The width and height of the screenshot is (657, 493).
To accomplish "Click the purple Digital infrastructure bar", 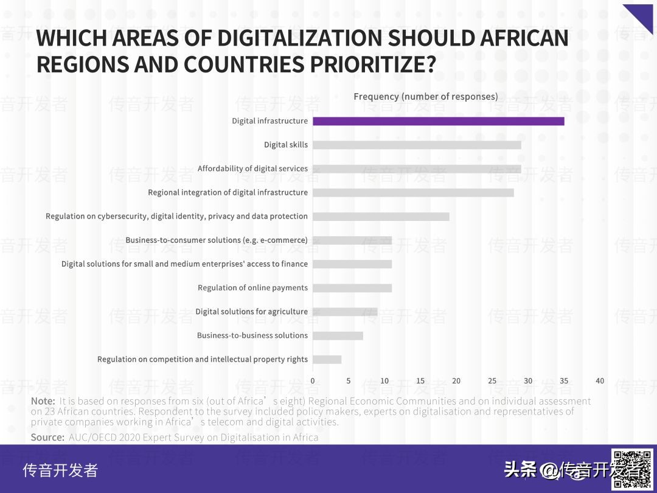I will point(438,121).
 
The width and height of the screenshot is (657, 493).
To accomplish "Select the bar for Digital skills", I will point(417,145).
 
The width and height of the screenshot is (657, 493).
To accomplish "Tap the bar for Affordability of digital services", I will point(417,169).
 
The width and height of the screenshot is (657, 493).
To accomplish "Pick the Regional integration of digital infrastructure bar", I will point(413,192).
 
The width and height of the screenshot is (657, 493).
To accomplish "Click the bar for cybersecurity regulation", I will point(381,217).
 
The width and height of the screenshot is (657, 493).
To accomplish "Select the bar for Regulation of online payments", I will point(352,288).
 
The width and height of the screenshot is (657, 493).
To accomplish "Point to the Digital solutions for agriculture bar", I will point(345,312).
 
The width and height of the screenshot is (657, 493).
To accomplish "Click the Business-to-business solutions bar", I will point(338,335).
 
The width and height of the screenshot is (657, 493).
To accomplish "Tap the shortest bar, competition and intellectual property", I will point(327,359).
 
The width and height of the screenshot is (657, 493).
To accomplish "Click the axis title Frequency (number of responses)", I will point(425,96).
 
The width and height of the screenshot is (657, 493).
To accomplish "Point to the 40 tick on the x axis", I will point(600,381).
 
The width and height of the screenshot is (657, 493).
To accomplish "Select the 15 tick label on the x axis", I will point(420,381).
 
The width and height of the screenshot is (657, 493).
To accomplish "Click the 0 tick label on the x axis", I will point(313,381).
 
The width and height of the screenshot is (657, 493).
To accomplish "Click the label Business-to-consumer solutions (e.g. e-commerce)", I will point(217,240).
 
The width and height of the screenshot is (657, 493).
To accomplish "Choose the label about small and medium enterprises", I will point(184,264).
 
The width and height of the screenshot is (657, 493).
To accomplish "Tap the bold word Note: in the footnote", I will point(43,401).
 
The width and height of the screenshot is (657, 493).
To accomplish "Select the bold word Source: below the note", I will point(47,437).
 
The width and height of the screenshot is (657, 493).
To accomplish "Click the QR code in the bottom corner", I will point(633,469).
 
